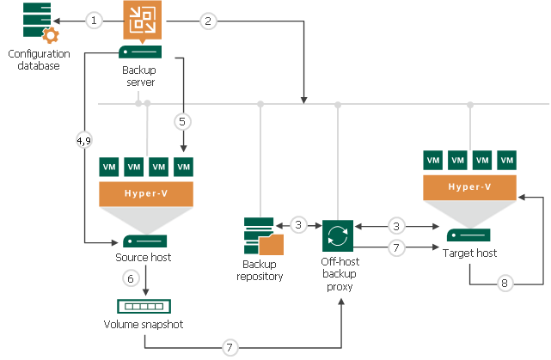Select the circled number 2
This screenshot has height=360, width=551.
[x=207, y=19]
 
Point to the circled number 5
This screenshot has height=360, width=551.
[x=181, y=121]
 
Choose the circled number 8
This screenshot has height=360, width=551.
[x=505, y=281]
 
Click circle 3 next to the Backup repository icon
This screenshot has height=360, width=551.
[x=297, y=226]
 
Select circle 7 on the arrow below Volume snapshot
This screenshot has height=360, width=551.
[x=229, y=347]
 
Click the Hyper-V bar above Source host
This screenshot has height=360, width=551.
[x=144, y=193]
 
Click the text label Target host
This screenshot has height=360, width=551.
[x=470, y=253]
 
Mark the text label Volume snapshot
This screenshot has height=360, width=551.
[x=143, y=325]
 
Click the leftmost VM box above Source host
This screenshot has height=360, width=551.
[x=109, y=165]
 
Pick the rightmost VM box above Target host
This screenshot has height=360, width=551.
[x=507, y=160]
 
